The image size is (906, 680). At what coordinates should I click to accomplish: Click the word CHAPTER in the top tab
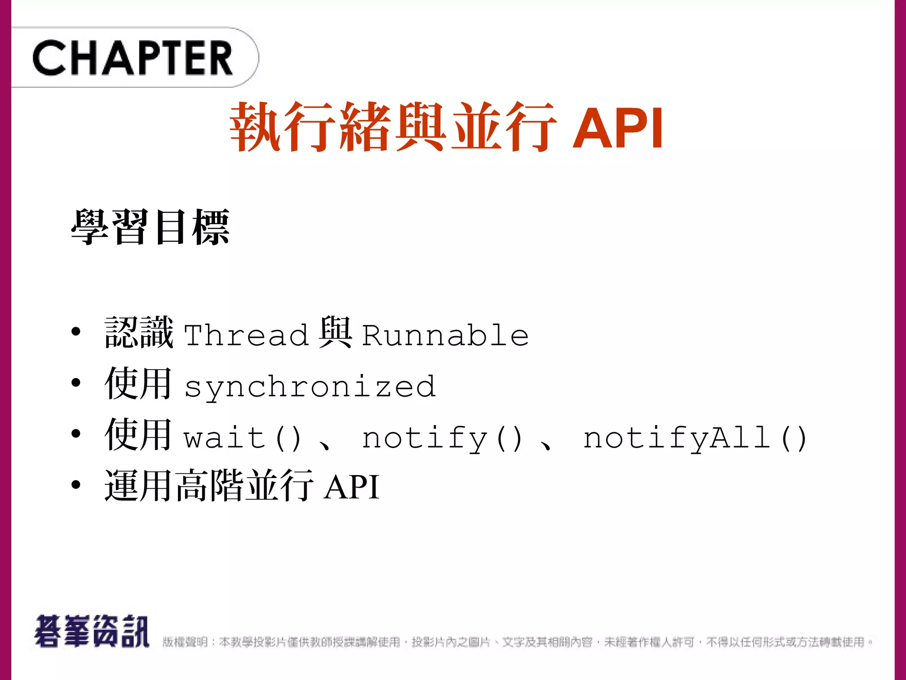click(132, 58)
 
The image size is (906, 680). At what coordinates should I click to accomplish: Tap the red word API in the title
click(618, 128)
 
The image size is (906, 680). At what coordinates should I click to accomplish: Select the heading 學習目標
click(150, 227)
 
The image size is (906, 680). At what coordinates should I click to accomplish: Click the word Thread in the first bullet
click(246, 335)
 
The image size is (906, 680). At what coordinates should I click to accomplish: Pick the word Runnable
click(445, 335)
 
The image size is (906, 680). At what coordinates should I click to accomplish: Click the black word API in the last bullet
click(352, 487)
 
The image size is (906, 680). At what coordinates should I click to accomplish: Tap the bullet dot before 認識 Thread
click(76, 331)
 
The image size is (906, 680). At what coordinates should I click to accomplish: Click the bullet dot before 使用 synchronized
click(76, 382)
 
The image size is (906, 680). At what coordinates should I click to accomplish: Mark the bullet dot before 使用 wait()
click(76, 434)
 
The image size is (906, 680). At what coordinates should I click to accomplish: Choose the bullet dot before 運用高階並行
click(76, 485)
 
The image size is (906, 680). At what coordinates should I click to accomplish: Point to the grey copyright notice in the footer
click(518, 642)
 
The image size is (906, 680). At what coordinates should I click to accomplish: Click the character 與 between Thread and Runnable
click(335, 332)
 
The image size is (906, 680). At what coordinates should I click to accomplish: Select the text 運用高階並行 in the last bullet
click(209, 486)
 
